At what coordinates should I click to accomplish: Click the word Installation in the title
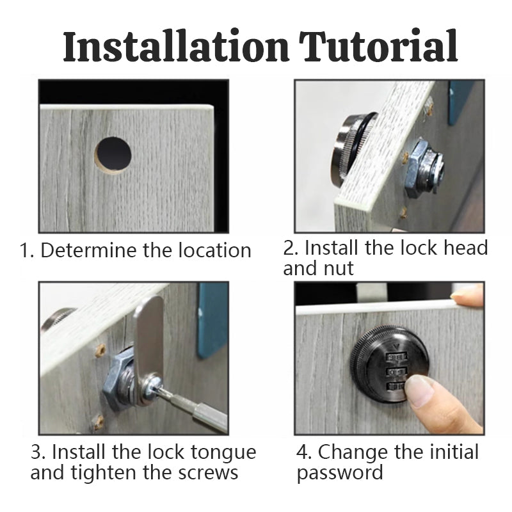click(x=177, y=46)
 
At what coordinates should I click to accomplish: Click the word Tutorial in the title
click(x=380, y=46)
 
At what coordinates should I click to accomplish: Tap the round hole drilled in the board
click(x=113, y=154)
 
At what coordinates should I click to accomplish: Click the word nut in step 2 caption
click(x=339, y=268)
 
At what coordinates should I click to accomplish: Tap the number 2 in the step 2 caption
click(x=289, y=248)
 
